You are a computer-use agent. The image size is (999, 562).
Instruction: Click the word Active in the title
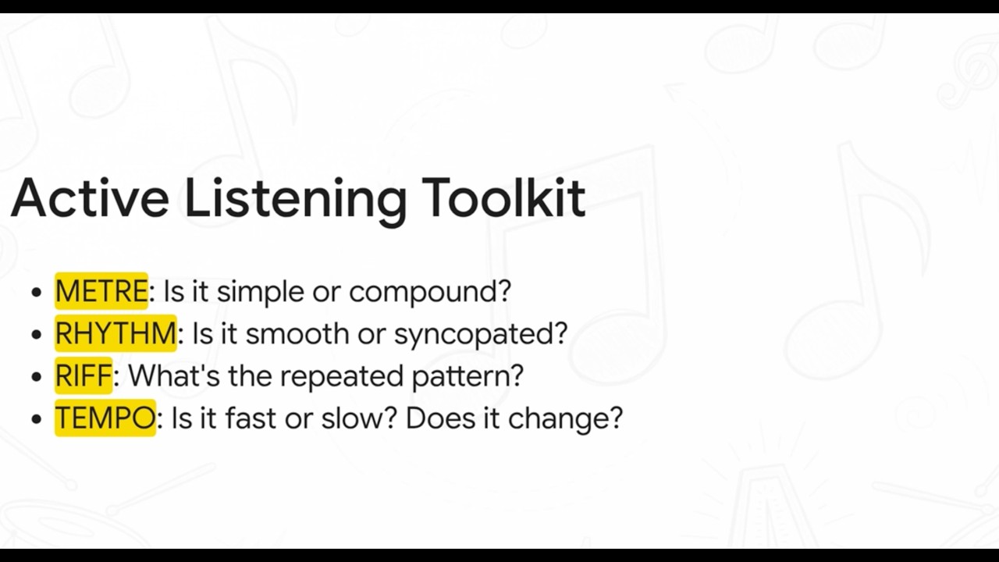[x=90, y=198]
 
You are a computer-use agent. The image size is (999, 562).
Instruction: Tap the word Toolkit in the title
[x=503, y=198]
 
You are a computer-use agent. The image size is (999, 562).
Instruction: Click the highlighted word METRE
[x=101, y=291]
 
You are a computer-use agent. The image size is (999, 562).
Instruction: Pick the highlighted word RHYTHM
[x=116, y=333]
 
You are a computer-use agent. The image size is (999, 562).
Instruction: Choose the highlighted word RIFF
[x=84, y=375]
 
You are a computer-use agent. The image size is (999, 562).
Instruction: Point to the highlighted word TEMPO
[x=105, y=418]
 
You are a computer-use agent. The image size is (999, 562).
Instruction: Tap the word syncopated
[x=480, y=334]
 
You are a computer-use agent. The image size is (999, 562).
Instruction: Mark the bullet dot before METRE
[x=37, y=293]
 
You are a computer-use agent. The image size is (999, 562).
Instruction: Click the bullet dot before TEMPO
[x=37, y=419]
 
